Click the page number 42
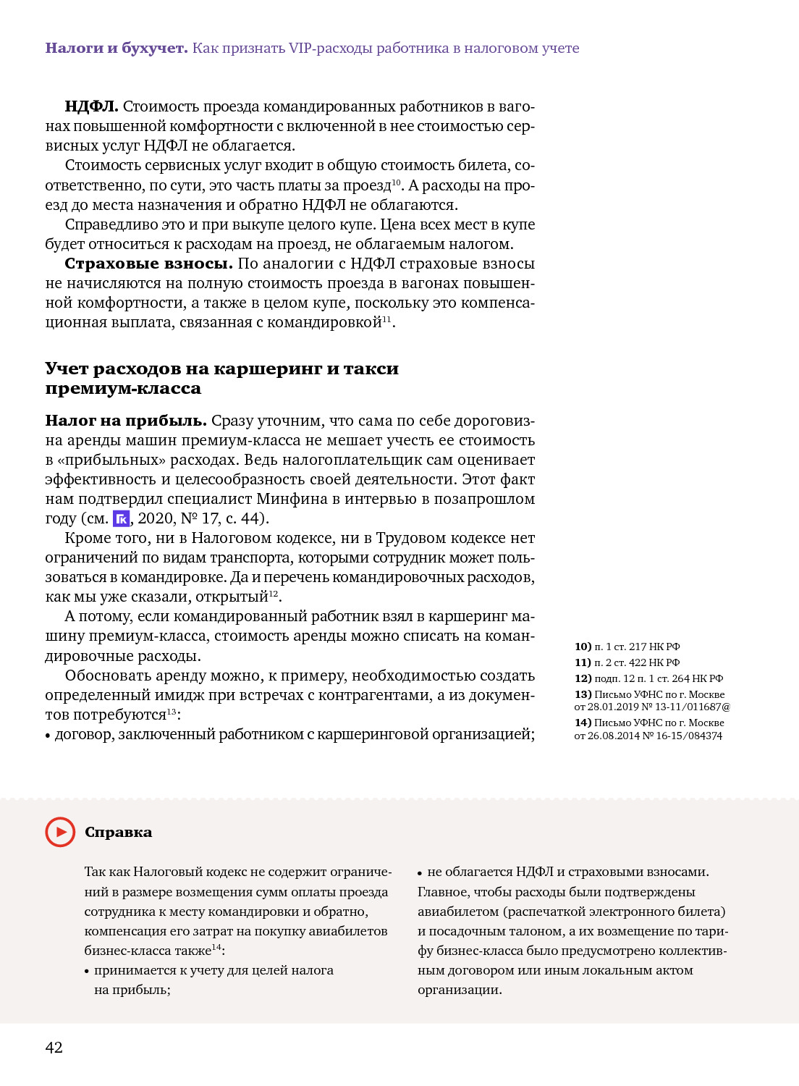pos(54,1047)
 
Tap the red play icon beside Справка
pos(60,832)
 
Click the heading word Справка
pos(118,832)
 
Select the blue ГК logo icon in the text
pos(122,518)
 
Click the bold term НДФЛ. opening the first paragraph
pos(91,106)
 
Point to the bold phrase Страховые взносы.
pos(148,264)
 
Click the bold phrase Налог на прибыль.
pos(126,421)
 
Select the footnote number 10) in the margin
pos(583,647)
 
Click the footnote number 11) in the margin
pos(583,662)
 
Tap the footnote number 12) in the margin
pos(583,678)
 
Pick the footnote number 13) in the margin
pos(583,694)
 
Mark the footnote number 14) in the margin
pos(583,723)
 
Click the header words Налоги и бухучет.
pos(116,49)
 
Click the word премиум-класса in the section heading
pos(123,389)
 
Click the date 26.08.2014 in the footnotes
pos(614,736)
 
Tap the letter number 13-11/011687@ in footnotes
pos(693,707)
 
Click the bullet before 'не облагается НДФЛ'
pos(420,873)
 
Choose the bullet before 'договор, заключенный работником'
pos(48,736)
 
